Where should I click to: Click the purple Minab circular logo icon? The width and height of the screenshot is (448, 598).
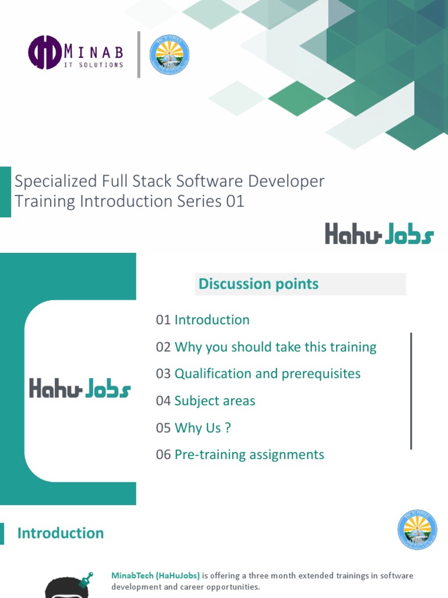45,52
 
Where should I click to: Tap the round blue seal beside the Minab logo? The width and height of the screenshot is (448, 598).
169,55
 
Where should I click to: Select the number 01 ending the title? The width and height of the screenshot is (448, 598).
234,201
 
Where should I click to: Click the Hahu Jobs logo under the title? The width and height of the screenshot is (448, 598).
379,235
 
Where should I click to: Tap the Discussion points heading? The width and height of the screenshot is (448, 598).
258,284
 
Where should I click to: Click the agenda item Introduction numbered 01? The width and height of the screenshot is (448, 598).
212,320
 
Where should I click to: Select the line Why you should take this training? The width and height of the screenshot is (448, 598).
275,347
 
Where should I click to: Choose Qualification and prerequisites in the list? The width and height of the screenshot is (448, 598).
267,374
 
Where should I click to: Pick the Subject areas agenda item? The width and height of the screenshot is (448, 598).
215,401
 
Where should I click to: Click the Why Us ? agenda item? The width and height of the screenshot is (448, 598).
202,428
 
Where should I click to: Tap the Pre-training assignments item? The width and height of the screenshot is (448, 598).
249,455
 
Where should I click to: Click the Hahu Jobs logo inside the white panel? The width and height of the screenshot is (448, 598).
80,389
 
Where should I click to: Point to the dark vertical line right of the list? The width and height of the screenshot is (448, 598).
411,391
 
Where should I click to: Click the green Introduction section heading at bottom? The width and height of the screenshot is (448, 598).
61,533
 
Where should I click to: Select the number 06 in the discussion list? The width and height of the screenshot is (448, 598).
163,455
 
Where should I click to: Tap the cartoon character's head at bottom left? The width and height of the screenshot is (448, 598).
67,587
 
